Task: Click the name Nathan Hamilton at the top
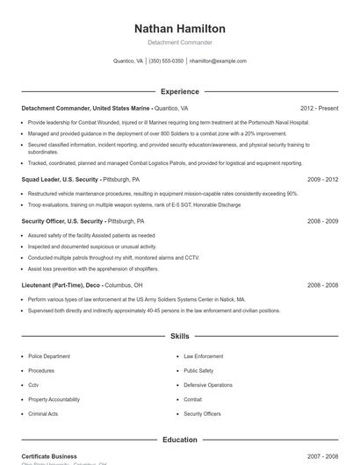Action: coord(180,29)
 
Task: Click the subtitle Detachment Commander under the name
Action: coord(180,42)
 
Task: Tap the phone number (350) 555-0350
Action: coord(166,61)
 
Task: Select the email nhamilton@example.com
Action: coord(218,61)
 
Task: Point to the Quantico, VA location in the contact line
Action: coord(129,61)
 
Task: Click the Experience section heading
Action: coord(180,91)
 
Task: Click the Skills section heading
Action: coord(180,336)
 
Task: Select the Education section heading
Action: coord(180,440)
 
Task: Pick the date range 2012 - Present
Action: coord(319,108)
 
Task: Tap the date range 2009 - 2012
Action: coord(322,178)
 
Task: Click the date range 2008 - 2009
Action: coord(322,221)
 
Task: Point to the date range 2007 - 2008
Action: coord(322,456)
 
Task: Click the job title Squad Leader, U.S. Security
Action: coord(61,178)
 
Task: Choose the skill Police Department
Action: coord(49,356)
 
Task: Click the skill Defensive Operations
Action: coord(208,385)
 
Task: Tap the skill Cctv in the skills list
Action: coord(33,385)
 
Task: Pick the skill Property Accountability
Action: coord(54,399)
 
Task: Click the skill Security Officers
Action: coord(202,413)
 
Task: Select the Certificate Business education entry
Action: coord(49,456)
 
